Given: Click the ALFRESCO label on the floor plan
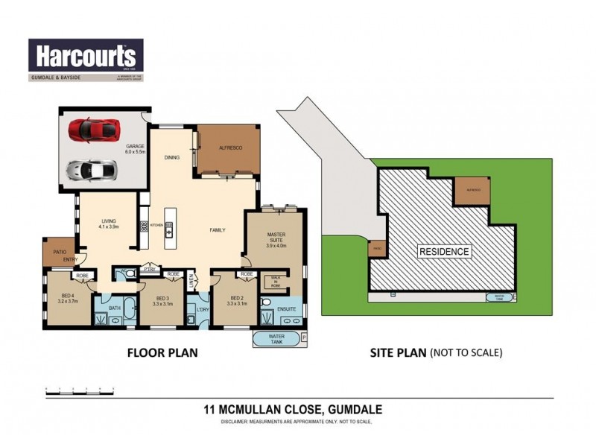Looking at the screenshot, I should [227, 148].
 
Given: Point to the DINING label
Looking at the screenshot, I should [171, 158].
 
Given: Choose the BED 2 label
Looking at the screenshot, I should [235, 301].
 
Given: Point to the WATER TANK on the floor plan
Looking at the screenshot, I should [275, 339].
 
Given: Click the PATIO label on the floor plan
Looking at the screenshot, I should [61, 252].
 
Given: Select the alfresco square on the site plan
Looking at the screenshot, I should [473, 191].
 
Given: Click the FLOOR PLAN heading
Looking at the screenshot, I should [162, 352].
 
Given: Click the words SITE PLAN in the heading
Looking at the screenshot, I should [398, 352].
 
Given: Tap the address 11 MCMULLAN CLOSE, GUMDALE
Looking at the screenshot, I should [297, 409].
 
